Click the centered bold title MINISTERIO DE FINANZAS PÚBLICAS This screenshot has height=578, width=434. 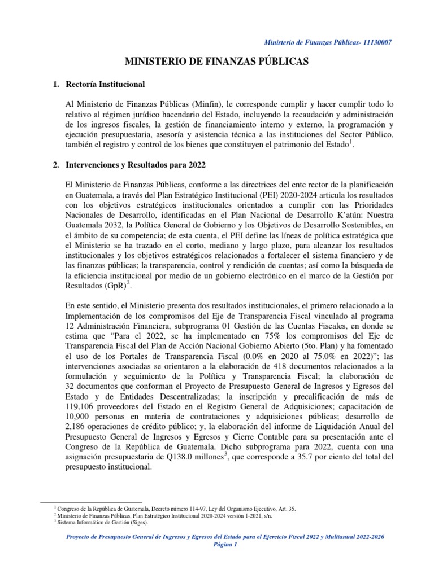(x=216, y=62)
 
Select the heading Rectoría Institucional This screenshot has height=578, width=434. (x=105, y=84)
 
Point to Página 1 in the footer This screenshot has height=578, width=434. (x=217, y=545)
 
